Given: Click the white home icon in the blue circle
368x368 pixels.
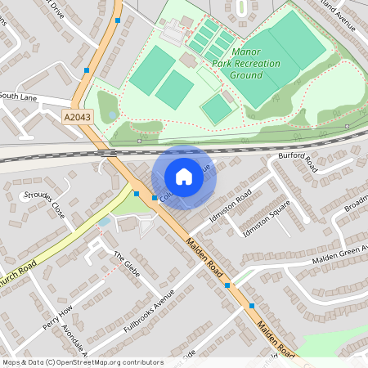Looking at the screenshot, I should pos(184,177).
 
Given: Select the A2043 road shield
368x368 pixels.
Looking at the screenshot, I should pos(79,118).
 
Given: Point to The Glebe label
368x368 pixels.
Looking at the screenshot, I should pos(127,263).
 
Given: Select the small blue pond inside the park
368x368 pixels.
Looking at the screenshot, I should pos(112,115).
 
